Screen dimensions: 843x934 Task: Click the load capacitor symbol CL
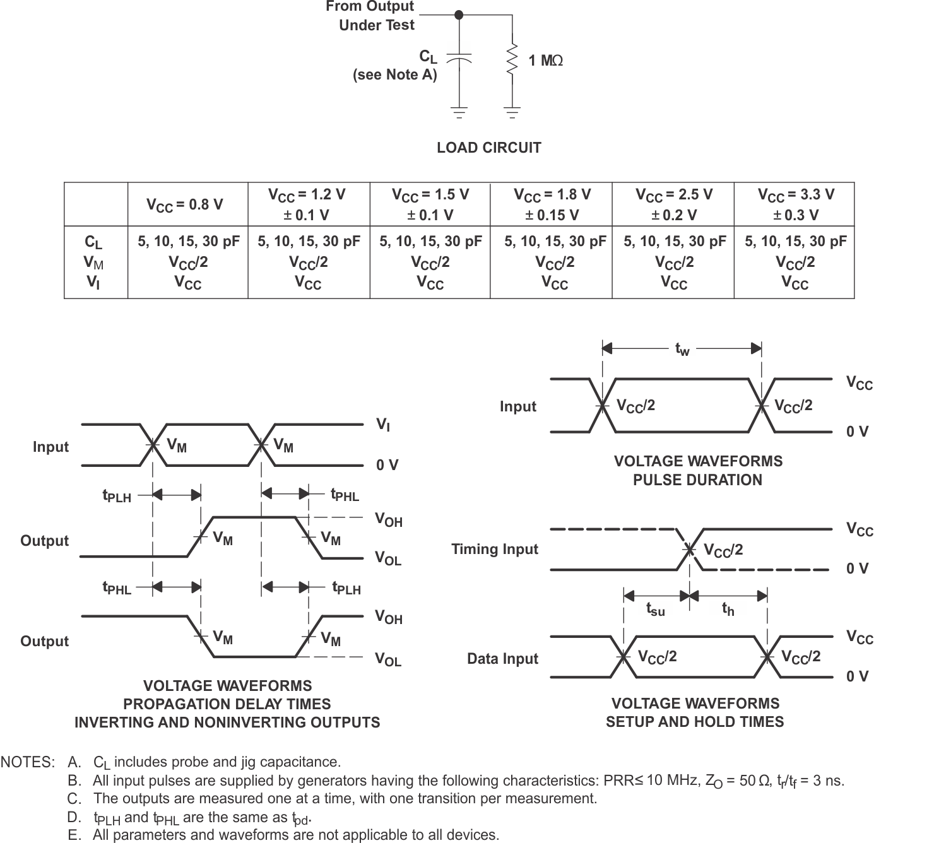coord(459,59)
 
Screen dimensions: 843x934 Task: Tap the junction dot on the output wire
coord(459,15)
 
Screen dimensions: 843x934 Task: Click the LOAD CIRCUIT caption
coord(489,148)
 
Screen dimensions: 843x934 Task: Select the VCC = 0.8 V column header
coord(185,204)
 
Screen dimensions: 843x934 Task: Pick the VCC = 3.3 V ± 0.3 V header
coord(796,204)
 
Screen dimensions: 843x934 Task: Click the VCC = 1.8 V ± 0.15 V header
coord(552,204)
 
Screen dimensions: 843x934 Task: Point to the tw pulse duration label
coord(682,349)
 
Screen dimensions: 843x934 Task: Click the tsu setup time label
coord(655,609)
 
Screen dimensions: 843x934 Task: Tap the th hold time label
coord(728,609)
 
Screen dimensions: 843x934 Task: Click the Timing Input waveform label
coord(495,549)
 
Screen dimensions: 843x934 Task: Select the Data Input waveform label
coord(502,659)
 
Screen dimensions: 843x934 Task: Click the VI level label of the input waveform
coord(383,425)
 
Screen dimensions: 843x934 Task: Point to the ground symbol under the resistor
coord(512,113)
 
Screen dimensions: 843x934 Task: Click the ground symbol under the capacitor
coord(459,113)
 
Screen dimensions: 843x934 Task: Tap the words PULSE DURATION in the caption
coord(697,480)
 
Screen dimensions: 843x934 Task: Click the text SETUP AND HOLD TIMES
coord(695,722)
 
